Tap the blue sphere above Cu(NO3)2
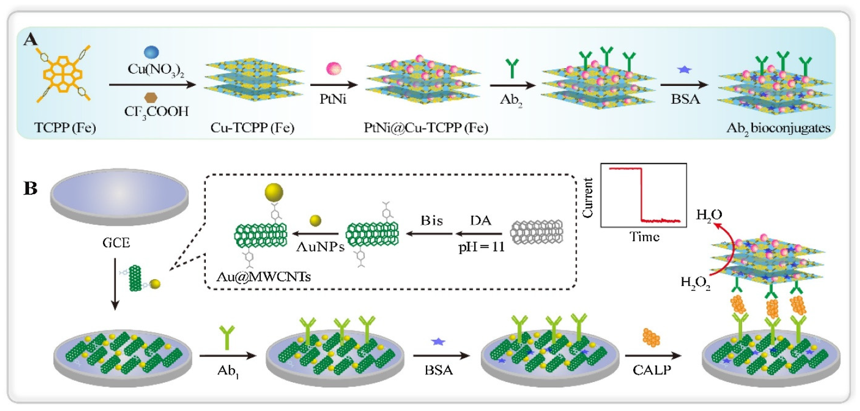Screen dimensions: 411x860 151,52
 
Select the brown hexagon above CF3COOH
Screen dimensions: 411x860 151,98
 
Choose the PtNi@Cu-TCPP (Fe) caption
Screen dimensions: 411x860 426,128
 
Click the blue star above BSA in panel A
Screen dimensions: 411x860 684,70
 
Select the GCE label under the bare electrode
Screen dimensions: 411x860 116,243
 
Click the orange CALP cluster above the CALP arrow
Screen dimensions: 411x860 651,338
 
